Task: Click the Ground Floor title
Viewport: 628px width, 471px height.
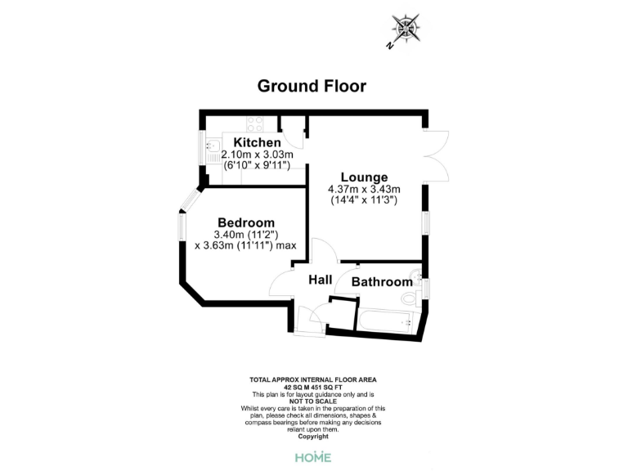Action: click(x=312, y=86)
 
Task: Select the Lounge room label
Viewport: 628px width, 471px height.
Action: click(x=364, y=177)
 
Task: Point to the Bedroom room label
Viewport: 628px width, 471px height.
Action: click(x=245, y=222)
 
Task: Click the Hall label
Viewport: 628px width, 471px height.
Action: click(x=320, y=280)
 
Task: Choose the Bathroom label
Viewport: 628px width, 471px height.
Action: click(x=381, y=282)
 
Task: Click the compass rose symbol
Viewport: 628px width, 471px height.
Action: click(x=406, y=29)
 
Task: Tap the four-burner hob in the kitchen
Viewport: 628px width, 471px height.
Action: click(x=254, y=124)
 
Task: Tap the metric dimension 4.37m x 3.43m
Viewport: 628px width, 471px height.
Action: click(x=364, y=189)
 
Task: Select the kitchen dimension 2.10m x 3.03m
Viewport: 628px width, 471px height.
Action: click(x=258, y=155)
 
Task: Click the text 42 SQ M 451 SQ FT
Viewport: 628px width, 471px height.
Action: click(x=313, y=388)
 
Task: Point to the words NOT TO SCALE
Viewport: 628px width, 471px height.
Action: click(x=313, y=401)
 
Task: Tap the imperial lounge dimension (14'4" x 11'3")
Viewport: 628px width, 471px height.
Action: click(x=364, y=200)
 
